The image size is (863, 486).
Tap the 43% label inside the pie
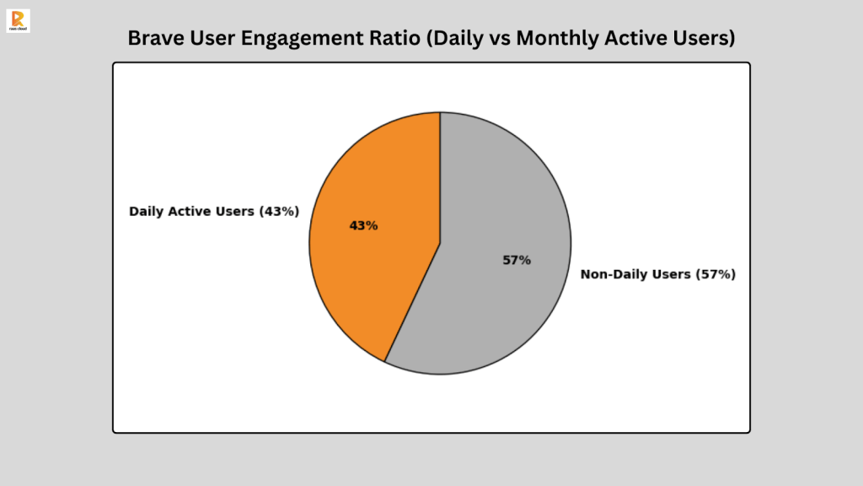(364, 226)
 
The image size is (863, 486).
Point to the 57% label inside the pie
(517, 260)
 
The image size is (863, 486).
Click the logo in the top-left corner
(17, 20)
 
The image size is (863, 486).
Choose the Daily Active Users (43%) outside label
(214, 211)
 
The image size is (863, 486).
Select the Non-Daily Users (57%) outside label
(658, 274)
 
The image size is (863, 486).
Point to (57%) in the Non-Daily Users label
(716, 274)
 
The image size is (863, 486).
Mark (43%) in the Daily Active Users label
(279, 211)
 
